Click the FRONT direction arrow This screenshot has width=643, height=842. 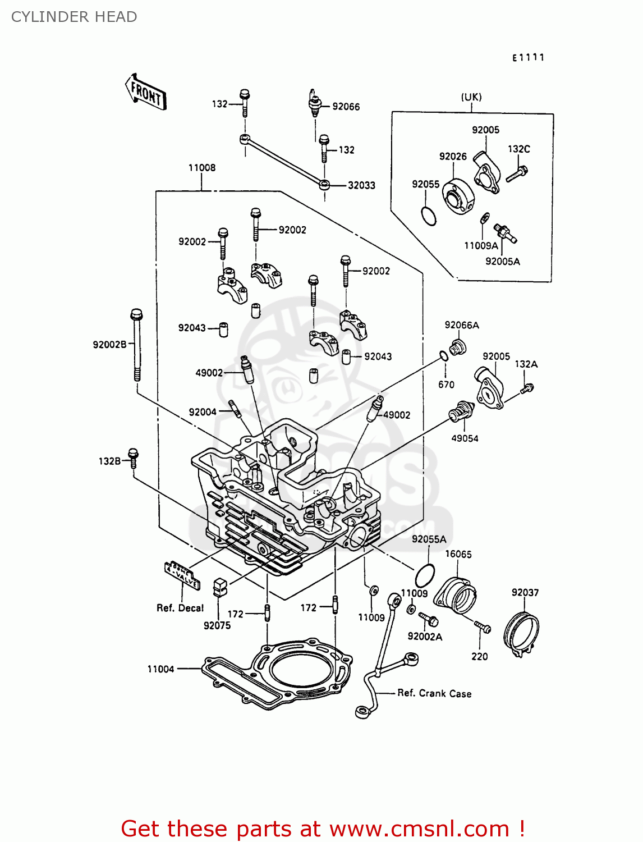tap(145, 92)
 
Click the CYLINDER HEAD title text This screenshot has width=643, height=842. tap(74, 17)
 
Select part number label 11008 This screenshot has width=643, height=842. tap(201, 168)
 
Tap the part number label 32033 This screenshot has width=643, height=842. tap(361, 185)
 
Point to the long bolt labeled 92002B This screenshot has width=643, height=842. tap(136, 345)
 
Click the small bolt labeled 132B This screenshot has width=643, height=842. tap(133, 458)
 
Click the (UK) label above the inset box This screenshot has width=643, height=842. tap(471, 97)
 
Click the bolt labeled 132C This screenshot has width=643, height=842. tap(517, 173)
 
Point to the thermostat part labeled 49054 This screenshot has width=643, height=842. tap(462, 414)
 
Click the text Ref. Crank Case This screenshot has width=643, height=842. tap(434, 694)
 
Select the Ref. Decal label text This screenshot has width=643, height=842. tap(180, 608)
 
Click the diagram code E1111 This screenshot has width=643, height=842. tap(528, 57)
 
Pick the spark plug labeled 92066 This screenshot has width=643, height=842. tap(315, 103)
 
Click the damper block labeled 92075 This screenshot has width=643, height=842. tap(219, 587)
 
